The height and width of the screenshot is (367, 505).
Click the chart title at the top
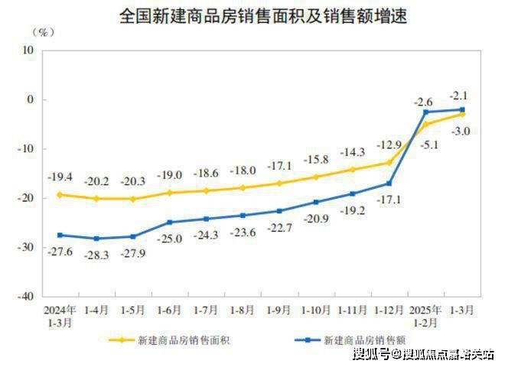click(x=252, y=16)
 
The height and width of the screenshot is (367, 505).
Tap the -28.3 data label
click(x=96, y=255)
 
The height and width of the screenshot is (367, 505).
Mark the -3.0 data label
click(x=461, y=132)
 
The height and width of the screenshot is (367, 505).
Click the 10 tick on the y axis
click(x=29, y=50)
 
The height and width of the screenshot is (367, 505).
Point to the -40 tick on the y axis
click(x=27, y=295)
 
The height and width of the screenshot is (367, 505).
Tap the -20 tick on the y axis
click(x=27, y=197)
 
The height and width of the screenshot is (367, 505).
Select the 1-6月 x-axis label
click(x=169, y=311)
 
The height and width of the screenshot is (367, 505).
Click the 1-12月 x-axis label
click(x=389, y=311)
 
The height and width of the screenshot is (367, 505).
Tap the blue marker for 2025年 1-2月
click(x=425, y=112)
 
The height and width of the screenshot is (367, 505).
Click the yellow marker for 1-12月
click(x=389, y=162)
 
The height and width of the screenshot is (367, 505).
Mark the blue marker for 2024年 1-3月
click(x=60, y=235)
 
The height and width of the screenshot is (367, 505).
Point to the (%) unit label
click(x=44, y=31)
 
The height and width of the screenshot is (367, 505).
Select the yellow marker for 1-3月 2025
click(x=461, y=114)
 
